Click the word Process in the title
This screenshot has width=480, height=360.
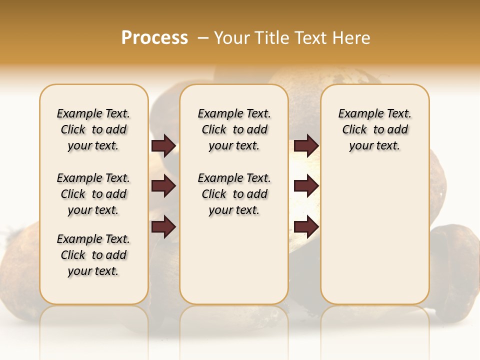[154, 37]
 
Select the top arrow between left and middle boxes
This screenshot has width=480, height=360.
[163, 146]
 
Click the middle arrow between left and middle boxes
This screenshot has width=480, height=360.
[163, 186]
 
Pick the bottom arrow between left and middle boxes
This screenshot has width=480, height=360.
[163, 227]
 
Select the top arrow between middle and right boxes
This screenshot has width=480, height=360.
[306, 146]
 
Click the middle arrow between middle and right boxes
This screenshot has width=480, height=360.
[306, 186]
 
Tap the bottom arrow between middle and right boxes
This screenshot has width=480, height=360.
[306, 227]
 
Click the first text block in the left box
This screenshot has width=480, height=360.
[93, 129]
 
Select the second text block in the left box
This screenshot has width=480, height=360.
[93, 194]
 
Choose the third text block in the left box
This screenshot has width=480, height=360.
[93, 255]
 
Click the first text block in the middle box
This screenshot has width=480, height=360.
[234, 129]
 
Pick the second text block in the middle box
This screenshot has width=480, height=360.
[234, 194]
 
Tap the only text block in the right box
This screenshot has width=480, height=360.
[374, 129]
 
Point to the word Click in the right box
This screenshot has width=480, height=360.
[354, 130]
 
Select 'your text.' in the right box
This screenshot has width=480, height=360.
[374, 146]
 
